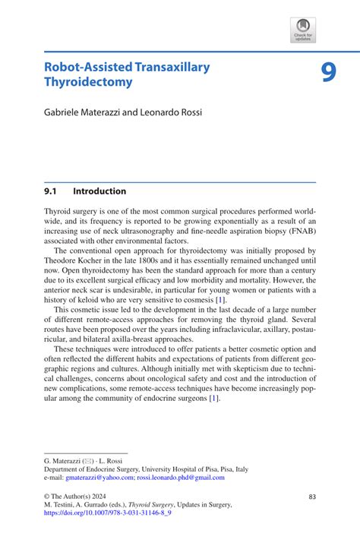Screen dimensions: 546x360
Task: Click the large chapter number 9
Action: point(327,72)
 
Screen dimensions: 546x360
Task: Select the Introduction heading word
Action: point(99,191)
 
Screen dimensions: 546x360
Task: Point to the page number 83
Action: point(312,497)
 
